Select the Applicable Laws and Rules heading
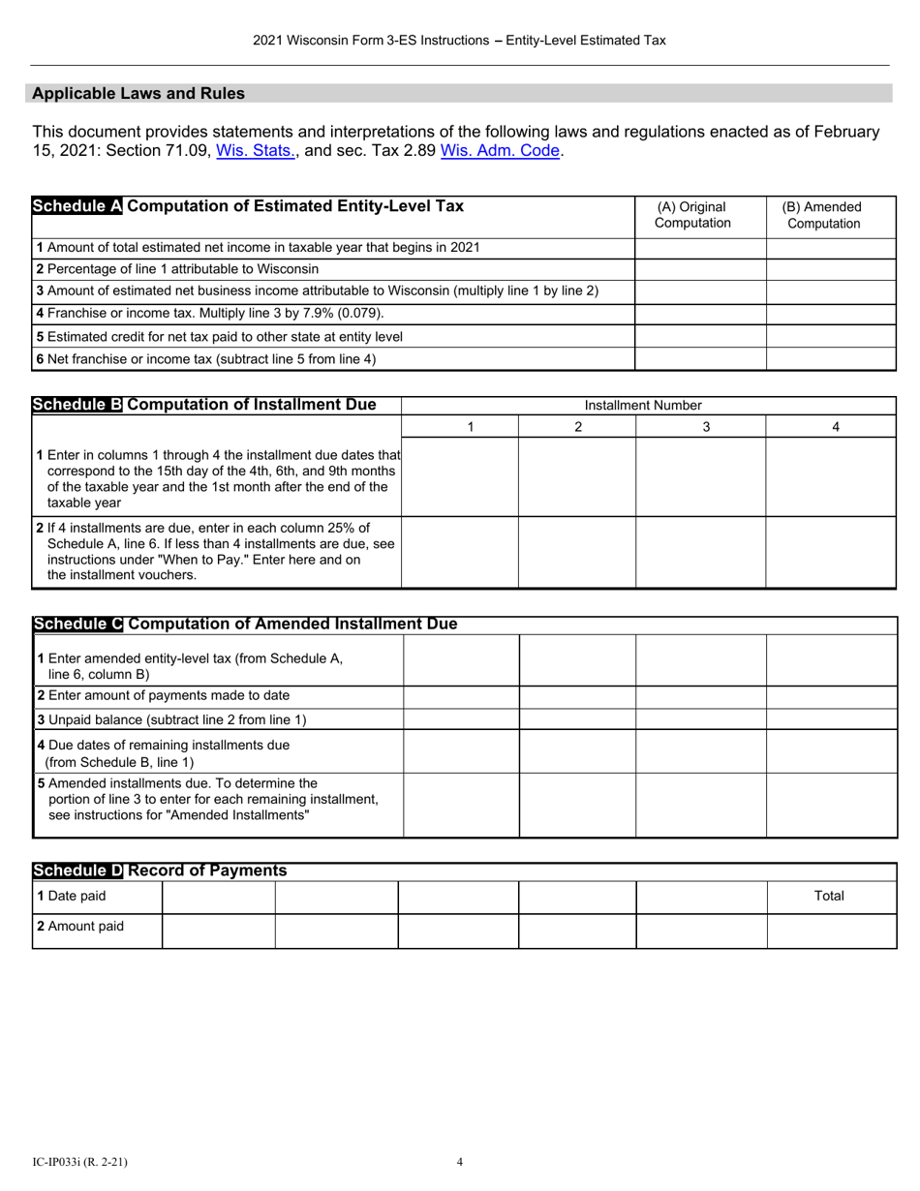(138, 94)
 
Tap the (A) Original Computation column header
(692, 215)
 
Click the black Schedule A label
(77, 206)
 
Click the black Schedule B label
(77, 405)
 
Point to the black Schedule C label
(77, 625)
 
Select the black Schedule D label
(77, 870)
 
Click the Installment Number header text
(643, 406)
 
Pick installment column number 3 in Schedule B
(706, 427)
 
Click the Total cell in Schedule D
(829, 896)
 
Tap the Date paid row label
(71, 896)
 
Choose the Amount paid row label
(79, 926)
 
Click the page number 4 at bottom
(460, 1162)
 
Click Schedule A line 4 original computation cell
(700, 314)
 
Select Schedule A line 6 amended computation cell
(831, 358)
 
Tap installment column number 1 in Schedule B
(470, 427)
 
